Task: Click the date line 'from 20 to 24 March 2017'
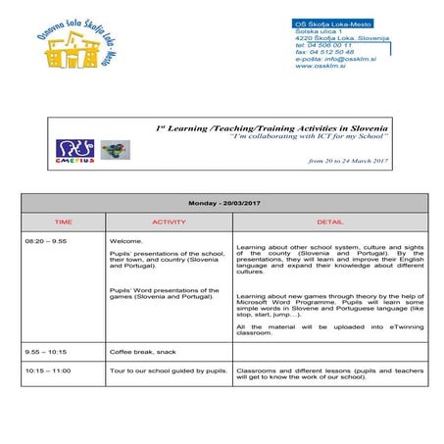(x=348, y=160)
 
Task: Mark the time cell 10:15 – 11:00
(x=47, y=371)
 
